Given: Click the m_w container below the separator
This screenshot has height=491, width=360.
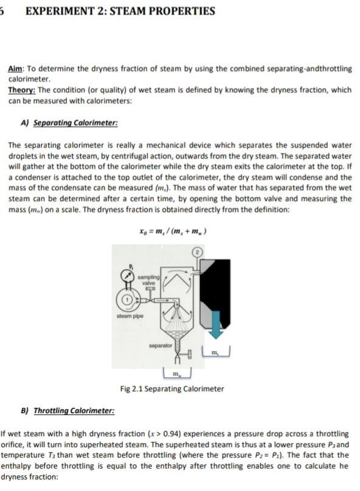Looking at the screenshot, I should click(177, 371).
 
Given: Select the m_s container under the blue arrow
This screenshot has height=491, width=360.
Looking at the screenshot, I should click(216, 353).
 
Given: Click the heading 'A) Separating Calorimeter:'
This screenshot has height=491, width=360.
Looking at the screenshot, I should click(69, 123).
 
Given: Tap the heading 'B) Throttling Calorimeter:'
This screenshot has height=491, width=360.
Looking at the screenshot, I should click(68, 411).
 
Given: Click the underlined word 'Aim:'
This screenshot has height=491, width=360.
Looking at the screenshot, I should click(16, 70).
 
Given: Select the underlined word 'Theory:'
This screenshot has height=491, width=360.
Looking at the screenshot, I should click(21, 90).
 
